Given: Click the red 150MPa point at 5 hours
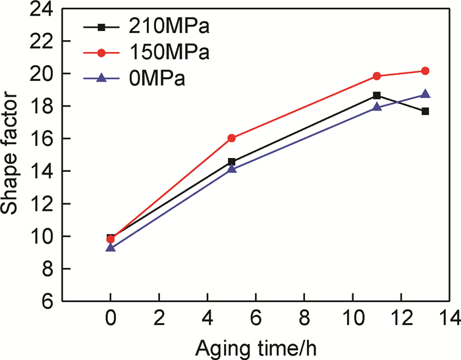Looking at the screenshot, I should point(231,138).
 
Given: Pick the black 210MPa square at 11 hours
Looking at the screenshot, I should point(377,95).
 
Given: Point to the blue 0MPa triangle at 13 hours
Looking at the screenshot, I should point(425,94).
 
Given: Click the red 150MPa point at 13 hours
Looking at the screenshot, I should point(425,71).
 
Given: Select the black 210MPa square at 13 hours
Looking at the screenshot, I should point(425,111).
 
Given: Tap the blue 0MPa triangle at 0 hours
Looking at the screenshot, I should point(111,247).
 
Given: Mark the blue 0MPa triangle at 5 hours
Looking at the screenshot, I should point(231,169).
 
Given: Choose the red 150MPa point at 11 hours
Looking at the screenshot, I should point(377,76).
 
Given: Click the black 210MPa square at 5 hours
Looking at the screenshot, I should point(231,161).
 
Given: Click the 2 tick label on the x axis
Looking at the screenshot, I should point(159,319).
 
